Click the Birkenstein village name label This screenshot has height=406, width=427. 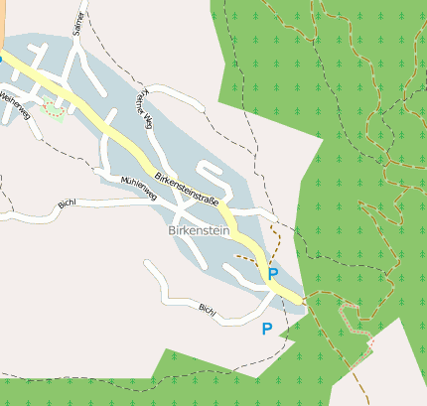pos(200,229)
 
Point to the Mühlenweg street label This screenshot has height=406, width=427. pos(139,188)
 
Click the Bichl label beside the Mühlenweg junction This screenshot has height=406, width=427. pos(68,204)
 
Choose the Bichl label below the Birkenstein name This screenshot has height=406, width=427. pos(208,310)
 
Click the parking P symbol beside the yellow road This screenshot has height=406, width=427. pos(273,273)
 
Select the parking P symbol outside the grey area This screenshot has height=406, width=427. pos(266,329)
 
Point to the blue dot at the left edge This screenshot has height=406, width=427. pos(1,59)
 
